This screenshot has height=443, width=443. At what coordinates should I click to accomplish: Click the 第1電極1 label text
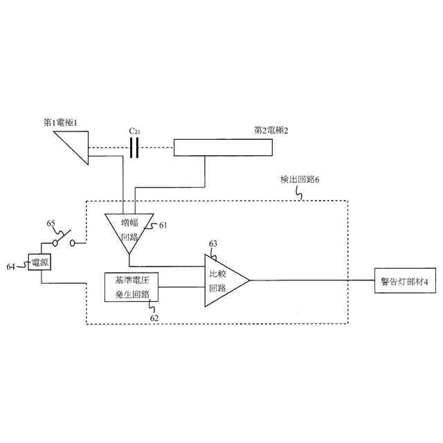(x=66, y=123)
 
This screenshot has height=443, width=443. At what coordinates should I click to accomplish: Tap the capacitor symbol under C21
(x=134, y=147)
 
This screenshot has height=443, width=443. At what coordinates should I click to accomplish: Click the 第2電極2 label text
(x=271, y=129)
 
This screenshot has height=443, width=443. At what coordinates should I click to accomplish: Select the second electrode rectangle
(x=222, y=147)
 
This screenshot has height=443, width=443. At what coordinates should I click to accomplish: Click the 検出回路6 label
(x=299, y=179)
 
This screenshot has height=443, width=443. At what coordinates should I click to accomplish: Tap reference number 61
(x=163, y=225)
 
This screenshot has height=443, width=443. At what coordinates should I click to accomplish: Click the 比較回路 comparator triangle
(x=223, y=280)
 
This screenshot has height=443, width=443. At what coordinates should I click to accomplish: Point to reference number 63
(x=213, y=244)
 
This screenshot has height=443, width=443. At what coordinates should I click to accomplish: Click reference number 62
(x=154, y=318)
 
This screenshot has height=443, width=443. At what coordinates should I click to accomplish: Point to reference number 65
(x=51, y=224)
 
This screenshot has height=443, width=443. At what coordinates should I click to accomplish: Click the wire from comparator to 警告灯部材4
(x=311, y=280)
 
